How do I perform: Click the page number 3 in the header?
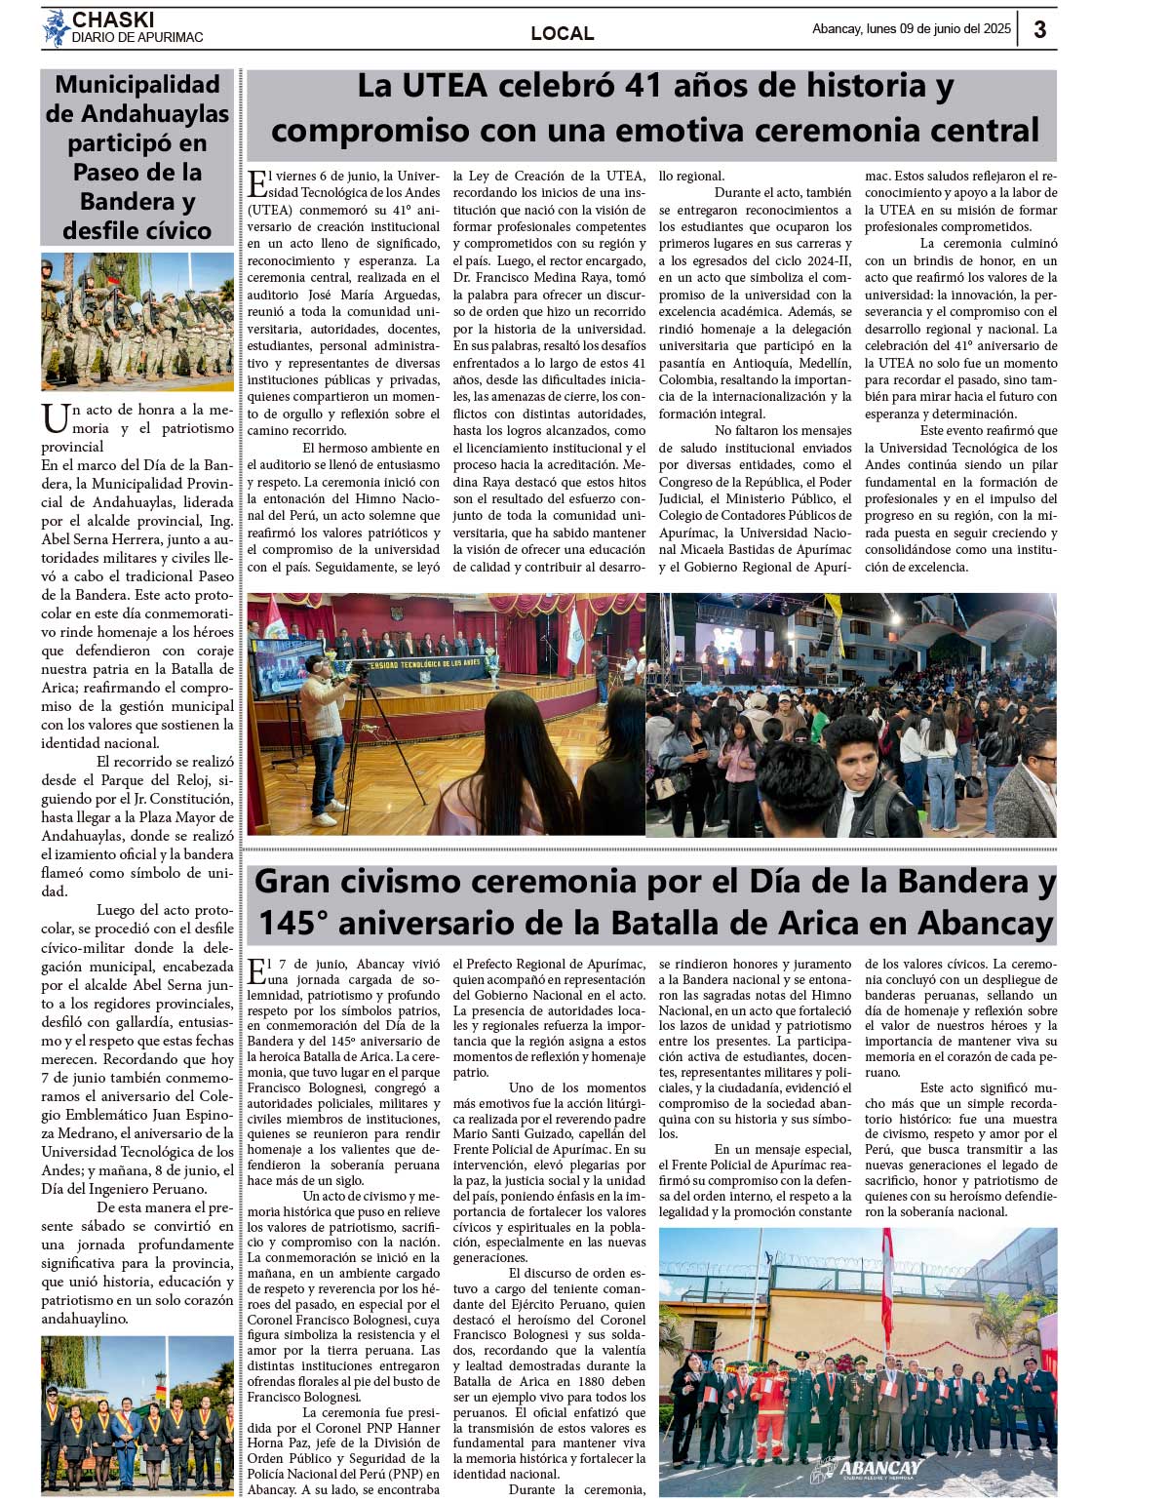(1039, 29)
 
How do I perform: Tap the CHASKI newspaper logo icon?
(55, 27)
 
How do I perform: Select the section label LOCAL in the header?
(562, 33)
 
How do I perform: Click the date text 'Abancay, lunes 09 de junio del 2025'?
(911, 29)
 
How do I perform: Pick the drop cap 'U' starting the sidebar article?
(56, 418)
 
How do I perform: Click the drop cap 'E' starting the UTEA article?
(257, 184)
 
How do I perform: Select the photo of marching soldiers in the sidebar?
(137, 321)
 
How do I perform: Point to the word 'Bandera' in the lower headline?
(961, 882)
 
